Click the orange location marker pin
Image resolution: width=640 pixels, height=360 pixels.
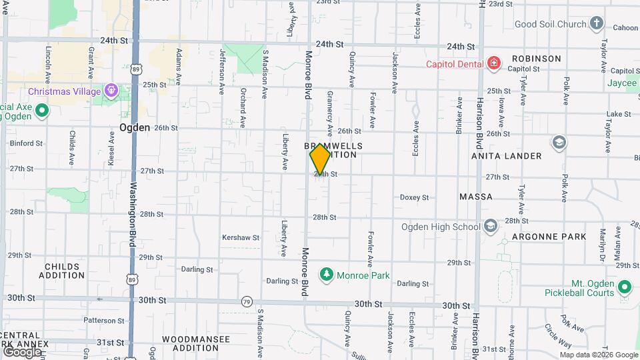click(x=320, y=159)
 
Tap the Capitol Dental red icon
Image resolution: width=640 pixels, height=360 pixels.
click(x=493, y=64)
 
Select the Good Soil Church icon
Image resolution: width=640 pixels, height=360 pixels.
click(x=596, y=25)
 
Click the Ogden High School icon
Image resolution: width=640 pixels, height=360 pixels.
click(x=491, y=227)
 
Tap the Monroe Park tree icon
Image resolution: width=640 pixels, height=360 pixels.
click(x=327, y=274)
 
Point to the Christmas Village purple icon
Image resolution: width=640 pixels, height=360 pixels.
click(x=111, y=91)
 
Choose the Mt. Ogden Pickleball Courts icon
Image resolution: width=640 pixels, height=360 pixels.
click(x=625, y=287)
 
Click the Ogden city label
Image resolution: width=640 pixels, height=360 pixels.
click(x=134, y=127)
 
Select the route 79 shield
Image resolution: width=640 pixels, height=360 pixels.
click(x=247, y=301)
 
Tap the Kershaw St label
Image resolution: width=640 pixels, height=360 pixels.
click(x=240, y=237)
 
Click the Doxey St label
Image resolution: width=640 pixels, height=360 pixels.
click(x=414, y=197)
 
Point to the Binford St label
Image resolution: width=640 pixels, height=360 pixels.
click(x=26, y=143)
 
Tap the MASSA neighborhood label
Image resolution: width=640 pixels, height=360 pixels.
click(x=476, y=197)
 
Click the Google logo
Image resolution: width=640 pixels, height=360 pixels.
click(x=21, y=351)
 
